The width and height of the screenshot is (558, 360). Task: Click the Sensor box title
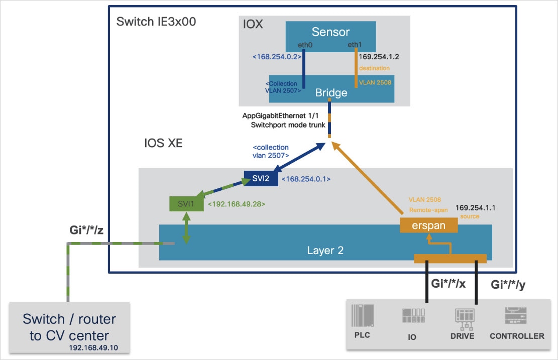point(330,32)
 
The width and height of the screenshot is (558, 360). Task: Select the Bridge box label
point(331,93)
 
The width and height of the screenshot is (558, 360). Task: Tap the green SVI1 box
point(186,204)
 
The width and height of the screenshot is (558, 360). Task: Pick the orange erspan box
point(429,225)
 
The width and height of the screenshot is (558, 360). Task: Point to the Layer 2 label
point(325,250)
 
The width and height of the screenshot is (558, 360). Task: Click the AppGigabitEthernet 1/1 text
point(284,116)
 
